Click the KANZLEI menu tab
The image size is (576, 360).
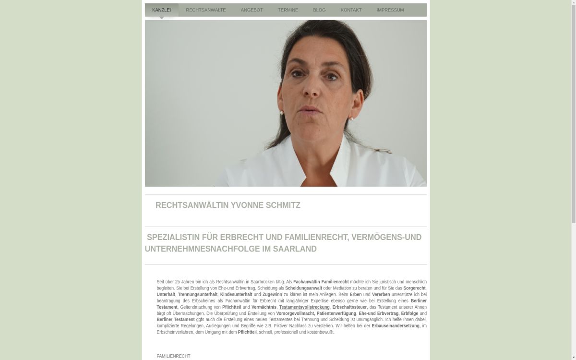tap(161, 10)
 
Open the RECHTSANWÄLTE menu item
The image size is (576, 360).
tap(205, 10)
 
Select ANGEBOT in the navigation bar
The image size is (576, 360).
tap(252, 10)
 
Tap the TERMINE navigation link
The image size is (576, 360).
tap(288, 10)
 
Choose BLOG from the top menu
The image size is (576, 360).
tap(319, 10)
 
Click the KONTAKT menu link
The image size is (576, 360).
tap(351, 10)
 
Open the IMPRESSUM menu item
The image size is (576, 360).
tap(390, 10)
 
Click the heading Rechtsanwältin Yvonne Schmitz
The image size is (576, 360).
tap(228, 205)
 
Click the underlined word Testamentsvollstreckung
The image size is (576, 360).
tap(304, 307)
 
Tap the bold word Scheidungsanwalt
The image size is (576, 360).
tap(303, 288)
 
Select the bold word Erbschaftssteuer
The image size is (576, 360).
tap(349, 307)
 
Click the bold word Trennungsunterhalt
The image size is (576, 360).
tap(197, 295)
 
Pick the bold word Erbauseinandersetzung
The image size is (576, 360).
tap(395, 326)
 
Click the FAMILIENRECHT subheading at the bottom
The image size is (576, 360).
tap(173, 356)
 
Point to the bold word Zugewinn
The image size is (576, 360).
tap(272, 295)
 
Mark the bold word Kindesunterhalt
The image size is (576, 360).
tap(236, 295)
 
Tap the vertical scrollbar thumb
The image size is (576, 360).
tap(573, 110)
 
